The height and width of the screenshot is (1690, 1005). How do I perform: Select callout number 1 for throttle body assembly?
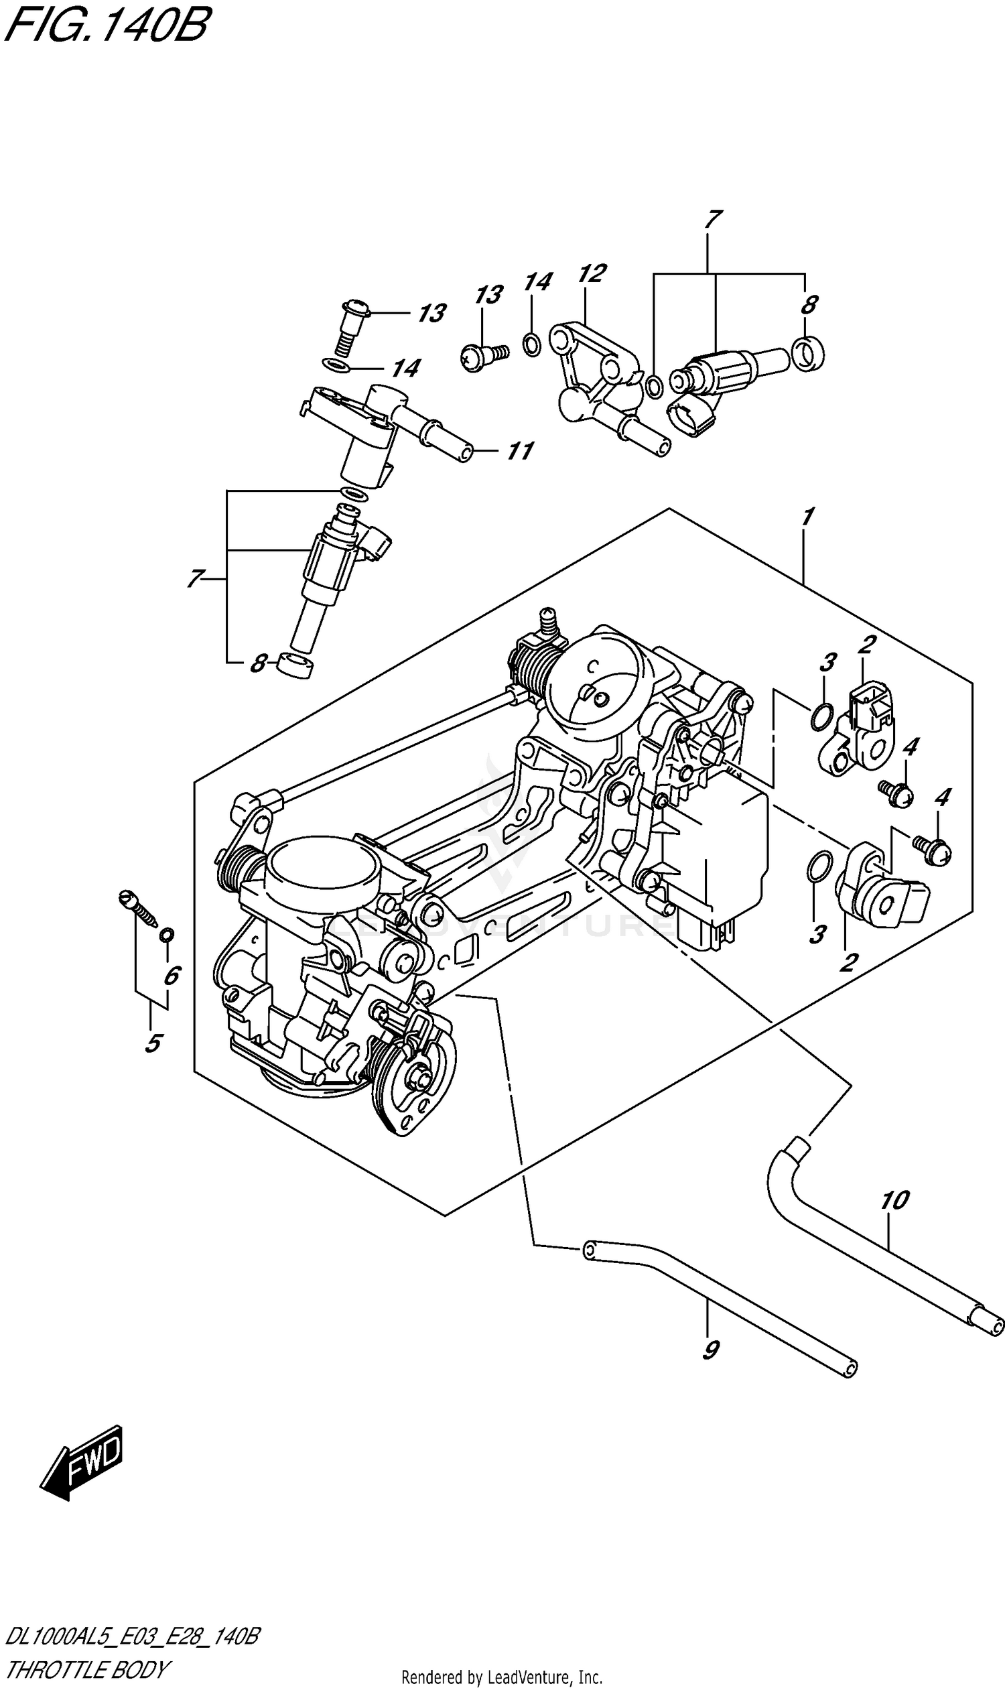tap(806, 517)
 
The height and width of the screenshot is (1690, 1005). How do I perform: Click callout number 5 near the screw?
tap(153, 1043)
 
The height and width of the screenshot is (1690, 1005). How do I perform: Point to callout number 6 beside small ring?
tap(172, 976)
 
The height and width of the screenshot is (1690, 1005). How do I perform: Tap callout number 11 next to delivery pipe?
tap(520, 450)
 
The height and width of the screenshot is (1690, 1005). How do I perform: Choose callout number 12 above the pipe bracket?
tap(591, 273)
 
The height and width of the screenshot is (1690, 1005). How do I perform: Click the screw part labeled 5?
tap(139, 909)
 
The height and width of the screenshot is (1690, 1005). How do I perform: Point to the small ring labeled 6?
tap(166, 935)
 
